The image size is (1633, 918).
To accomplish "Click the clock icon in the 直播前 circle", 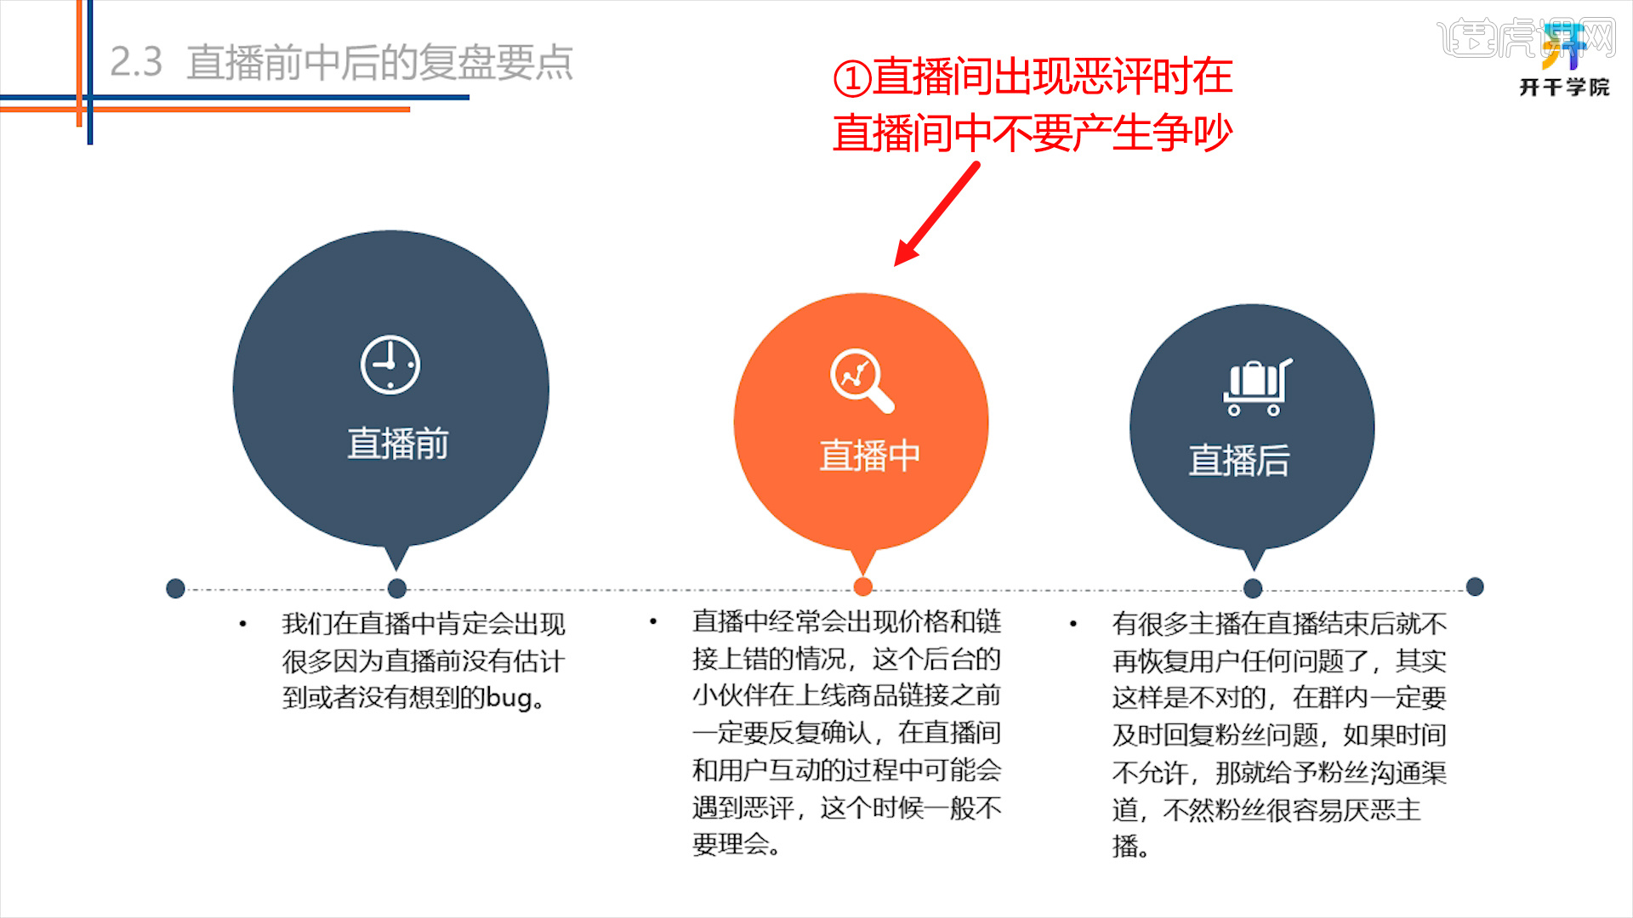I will click(x=390, y=365).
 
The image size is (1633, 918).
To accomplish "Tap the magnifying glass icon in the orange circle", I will click(x=862, y=380).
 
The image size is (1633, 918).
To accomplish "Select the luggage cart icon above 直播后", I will click(x=1256, y=388).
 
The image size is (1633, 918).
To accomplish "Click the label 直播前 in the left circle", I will click(x=398, y=444).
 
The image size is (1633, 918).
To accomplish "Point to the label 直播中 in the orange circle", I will click(x=869, y=456).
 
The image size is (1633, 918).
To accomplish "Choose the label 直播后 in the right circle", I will click(x=1239, y=461).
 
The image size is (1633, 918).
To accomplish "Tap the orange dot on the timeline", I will click(x=862, y=586).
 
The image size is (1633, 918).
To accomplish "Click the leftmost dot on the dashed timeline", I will click(x=176, y=588).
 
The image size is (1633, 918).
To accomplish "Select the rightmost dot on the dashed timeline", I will click(x=1475, y=586).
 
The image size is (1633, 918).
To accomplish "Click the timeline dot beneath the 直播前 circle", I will click(x=397, y=588).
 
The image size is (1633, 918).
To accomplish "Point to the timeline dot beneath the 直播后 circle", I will click(x=1253, y=588).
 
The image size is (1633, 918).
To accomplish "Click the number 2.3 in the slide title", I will click(x=136, y=63).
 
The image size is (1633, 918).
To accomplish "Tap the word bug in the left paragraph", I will click(x=509, y=699).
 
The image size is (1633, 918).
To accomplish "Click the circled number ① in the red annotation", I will click(x=852, y=79).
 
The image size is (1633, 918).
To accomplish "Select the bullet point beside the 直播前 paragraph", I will click(x=243, y=625).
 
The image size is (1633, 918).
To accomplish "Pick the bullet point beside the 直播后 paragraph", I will click(x=1073, y=625).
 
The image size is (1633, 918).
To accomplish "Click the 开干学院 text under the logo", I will click(x=1564, y=88).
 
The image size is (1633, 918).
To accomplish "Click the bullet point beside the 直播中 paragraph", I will click(x=653, y=622).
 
